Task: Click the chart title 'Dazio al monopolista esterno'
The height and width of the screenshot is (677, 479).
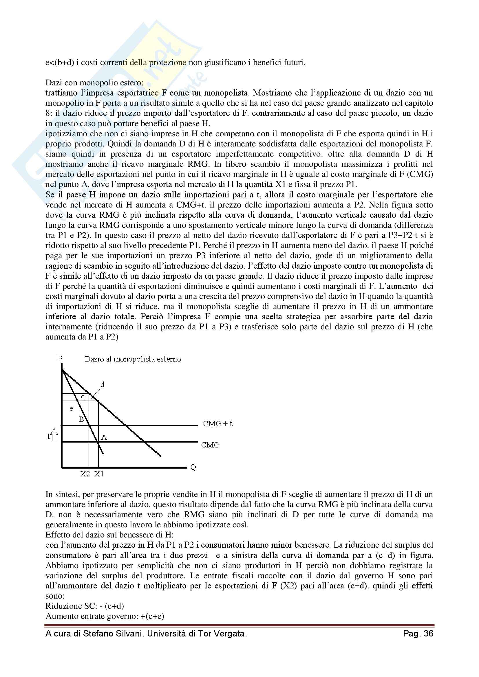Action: click(132, 359)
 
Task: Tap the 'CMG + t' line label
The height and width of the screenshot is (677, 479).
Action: click(217, 424)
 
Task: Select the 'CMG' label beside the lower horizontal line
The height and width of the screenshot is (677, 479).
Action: click(210, 445)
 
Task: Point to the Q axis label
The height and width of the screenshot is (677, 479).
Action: click(193, 467)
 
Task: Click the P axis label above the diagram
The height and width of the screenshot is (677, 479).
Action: click(60, 359)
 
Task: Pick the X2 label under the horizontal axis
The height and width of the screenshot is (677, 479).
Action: click(85, 474)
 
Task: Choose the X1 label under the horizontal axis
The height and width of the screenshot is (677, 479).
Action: click(99, 474)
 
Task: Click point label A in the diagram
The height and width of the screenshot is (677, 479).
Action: click(104, 437)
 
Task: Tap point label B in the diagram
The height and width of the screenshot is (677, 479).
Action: click(81, 419)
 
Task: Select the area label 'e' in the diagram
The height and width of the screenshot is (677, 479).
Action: click(71, 409)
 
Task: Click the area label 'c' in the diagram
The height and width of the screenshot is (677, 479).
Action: click(83, 397)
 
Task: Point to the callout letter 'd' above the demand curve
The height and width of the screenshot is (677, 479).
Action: click(102, 384)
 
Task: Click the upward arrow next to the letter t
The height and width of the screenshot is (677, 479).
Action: click(54, 435)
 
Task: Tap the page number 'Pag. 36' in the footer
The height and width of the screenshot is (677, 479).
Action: click(418, 634)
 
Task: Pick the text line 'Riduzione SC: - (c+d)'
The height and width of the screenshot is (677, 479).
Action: click(85, 606)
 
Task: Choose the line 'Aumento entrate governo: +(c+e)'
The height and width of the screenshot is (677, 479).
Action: click(105, 616)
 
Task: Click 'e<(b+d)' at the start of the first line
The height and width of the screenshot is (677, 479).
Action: click(60, 63)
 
